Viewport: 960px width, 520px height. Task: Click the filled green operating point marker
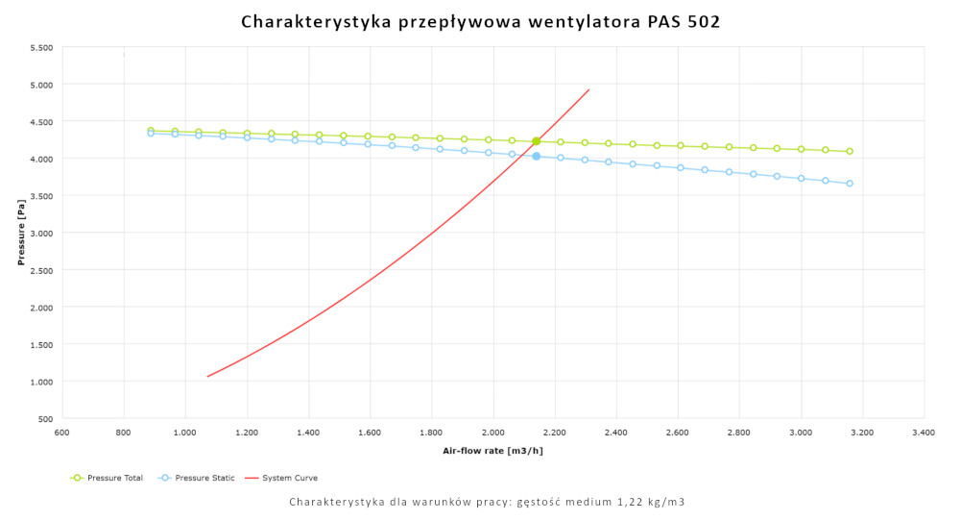[537, 141]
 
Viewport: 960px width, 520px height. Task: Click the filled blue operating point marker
[537, 156]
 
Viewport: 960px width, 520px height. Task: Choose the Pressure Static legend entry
[196, 478]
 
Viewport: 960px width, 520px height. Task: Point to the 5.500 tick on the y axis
[40, 47]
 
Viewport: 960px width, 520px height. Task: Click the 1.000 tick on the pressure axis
[40, 382]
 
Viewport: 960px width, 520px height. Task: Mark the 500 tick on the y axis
[45, 419]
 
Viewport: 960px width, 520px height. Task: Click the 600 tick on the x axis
[62, 433]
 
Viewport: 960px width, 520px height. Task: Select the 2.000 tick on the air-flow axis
[493, 433]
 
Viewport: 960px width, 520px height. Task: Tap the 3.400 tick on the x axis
[924, 433]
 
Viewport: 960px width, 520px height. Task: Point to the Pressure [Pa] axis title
[21, 233]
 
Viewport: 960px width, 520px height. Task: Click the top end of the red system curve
[588, 89]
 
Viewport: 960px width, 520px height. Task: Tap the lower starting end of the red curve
[207, 376]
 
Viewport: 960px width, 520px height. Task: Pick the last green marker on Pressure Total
[850, 151]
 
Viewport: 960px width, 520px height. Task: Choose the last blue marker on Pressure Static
[850, 183]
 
